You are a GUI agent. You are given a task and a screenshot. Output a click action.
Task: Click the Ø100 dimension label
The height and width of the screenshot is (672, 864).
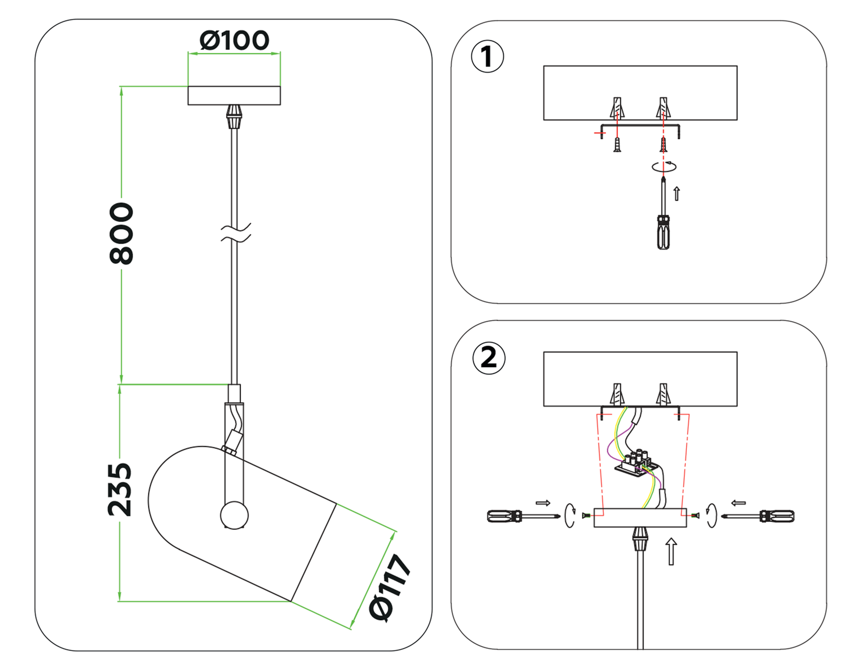tap(234, 41)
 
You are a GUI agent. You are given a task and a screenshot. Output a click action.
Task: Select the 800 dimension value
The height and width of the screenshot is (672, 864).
tap(121, 233)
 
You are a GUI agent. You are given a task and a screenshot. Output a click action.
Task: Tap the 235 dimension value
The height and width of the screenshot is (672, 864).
tap(120, 490)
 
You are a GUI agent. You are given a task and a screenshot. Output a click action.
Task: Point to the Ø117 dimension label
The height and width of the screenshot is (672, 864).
tap(389, 588)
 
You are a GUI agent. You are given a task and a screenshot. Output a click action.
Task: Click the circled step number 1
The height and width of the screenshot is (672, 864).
tap(487, 57)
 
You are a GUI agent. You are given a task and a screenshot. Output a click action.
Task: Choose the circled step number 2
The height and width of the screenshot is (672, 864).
tap(489, 358)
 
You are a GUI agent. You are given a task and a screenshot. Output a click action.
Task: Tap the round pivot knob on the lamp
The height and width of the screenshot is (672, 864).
tap(234, 515)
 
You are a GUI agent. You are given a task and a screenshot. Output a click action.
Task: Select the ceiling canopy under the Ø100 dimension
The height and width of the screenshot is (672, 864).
tap(234, 96)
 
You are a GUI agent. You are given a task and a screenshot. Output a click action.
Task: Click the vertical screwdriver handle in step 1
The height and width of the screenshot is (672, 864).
tap(663, 233)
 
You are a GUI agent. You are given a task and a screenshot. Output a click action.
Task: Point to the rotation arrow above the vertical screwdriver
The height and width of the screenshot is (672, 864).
tap(664, 167)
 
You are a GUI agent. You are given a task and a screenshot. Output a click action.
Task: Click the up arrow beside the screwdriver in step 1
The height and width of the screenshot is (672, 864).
tap(677, 193)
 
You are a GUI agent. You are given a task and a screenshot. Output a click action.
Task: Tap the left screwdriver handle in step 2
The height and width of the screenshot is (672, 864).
tap(503, 516)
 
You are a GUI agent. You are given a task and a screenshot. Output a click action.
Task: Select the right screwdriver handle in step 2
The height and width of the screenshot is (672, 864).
tap(778, 516)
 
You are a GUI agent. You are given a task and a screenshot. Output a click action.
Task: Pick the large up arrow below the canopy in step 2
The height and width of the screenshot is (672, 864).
tap(671, 551)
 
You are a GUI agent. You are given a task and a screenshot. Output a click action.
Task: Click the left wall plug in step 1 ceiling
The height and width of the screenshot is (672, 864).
tap(617, 108)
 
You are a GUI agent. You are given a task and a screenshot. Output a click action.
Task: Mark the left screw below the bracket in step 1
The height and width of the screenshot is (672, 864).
tap(617, 144)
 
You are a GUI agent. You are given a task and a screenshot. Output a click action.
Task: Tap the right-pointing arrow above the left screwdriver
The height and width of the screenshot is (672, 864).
tap(543, 503)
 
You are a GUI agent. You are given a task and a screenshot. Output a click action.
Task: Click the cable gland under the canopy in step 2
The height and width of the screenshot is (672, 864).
tap(640, 539)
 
